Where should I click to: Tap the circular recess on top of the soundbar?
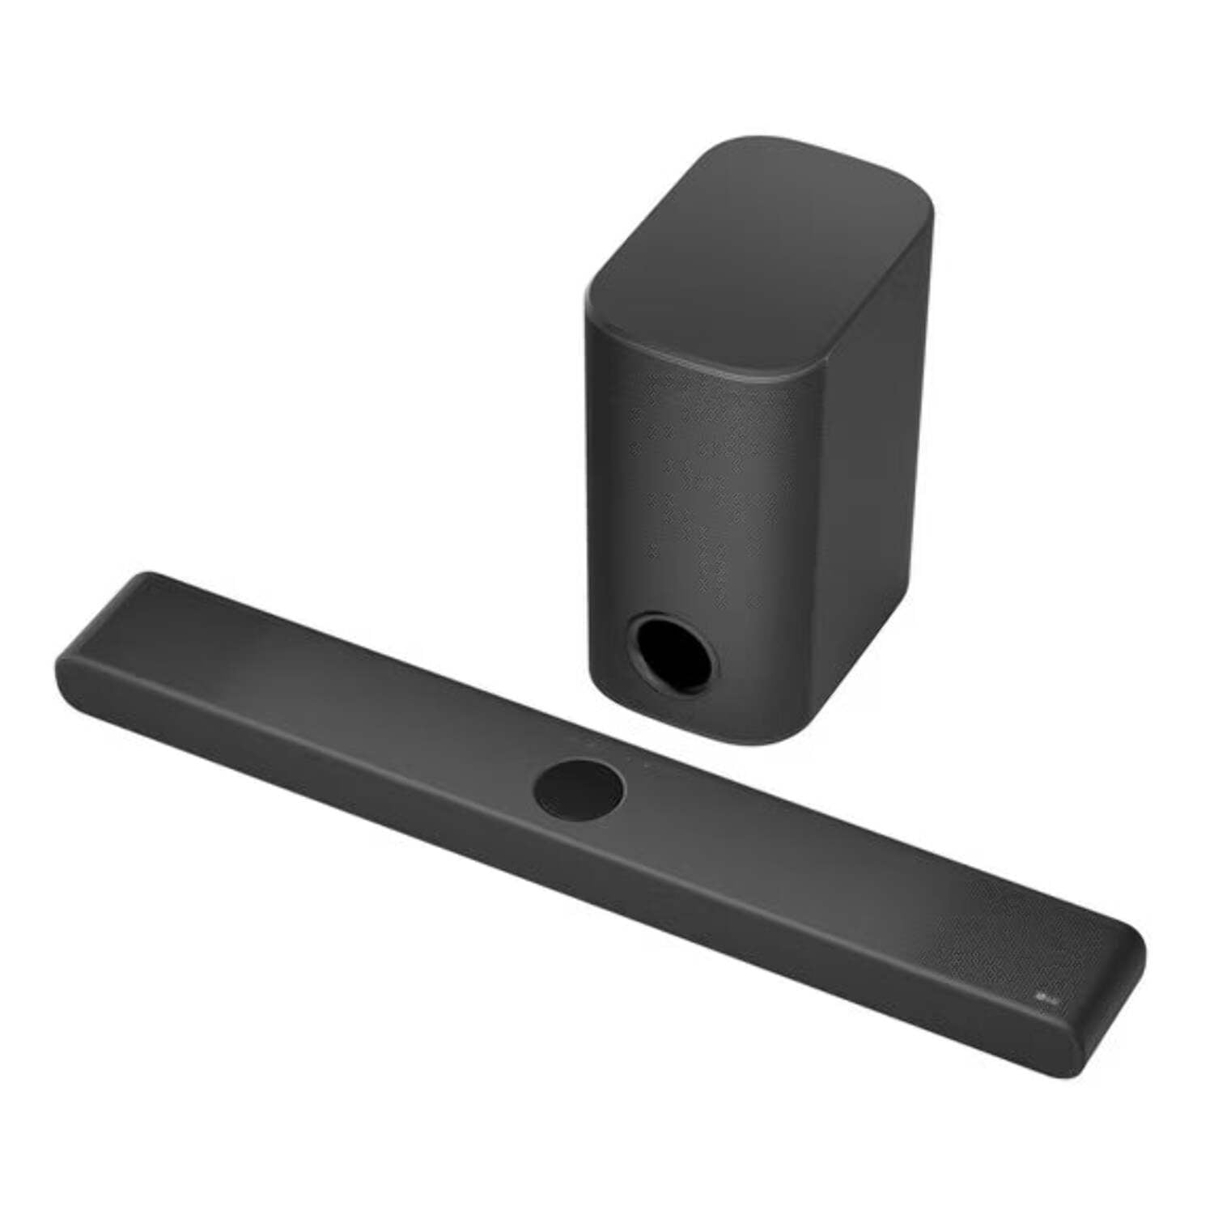click(x=579, y=790)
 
